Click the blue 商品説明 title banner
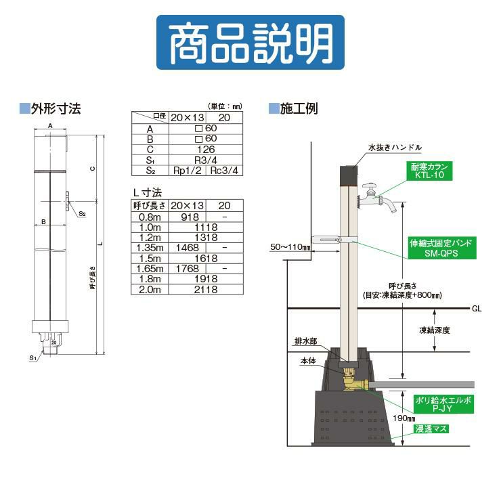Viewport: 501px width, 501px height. [x=250, y=42]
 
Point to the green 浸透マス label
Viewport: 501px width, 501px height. [x=427, y=429]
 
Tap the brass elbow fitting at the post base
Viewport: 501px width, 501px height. [x=353, y=385]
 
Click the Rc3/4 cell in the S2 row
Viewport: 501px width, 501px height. [x=224, y=171]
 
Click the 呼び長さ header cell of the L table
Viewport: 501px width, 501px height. [x=148, y=205]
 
